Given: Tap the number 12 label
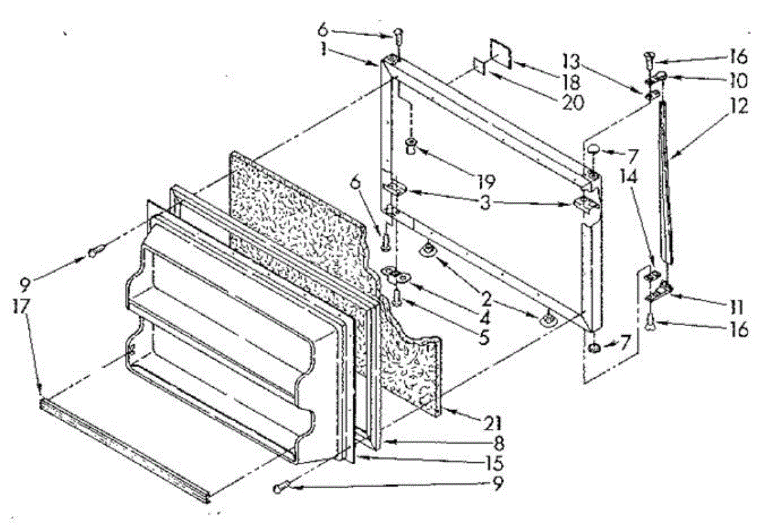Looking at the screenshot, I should coord(739,107).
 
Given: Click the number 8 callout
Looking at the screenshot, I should coord(497,443).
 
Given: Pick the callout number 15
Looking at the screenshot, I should coord(494,462).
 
